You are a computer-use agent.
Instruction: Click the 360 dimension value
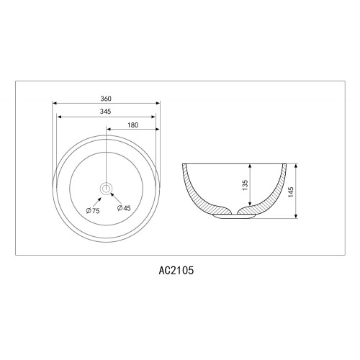click(106, 99)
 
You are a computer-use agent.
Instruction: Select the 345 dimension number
click(106, 112)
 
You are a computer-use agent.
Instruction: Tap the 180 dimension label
click(133, 125)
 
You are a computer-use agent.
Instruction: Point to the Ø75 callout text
click(93, 211)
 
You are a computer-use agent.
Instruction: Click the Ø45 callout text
click(124, 208)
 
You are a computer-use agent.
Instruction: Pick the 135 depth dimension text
click(245, 185)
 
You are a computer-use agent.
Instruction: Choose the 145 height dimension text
click(291, 192)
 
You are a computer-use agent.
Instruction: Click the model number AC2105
click(176, 271)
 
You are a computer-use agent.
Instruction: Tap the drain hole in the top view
click(106, 189)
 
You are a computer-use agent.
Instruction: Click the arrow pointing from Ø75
click(97, 202)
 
